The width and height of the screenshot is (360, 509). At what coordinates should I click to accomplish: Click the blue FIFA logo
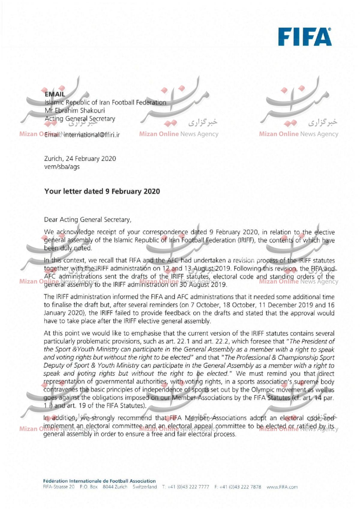coord(305,37)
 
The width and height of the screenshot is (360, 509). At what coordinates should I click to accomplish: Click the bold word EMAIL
coord(55,94)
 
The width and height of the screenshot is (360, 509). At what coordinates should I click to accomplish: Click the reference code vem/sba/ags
coord(62,167)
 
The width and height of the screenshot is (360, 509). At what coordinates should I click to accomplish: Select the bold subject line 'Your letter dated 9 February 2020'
coord(102,191)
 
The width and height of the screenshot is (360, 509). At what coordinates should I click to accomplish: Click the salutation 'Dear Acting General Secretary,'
coord(88,220)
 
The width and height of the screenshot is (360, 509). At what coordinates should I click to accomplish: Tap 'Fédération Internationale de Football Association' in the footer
coord(99,481)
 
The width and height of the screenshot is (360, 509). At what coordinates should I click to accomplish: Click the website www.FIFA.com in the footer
coord(282,487)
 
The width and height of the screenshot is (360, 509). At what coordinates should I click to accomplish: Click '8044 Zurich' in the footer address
coord(115,487)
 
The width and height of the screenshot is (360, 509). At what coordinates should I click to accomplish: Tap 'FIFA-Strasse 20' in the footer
coord(59,487)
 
